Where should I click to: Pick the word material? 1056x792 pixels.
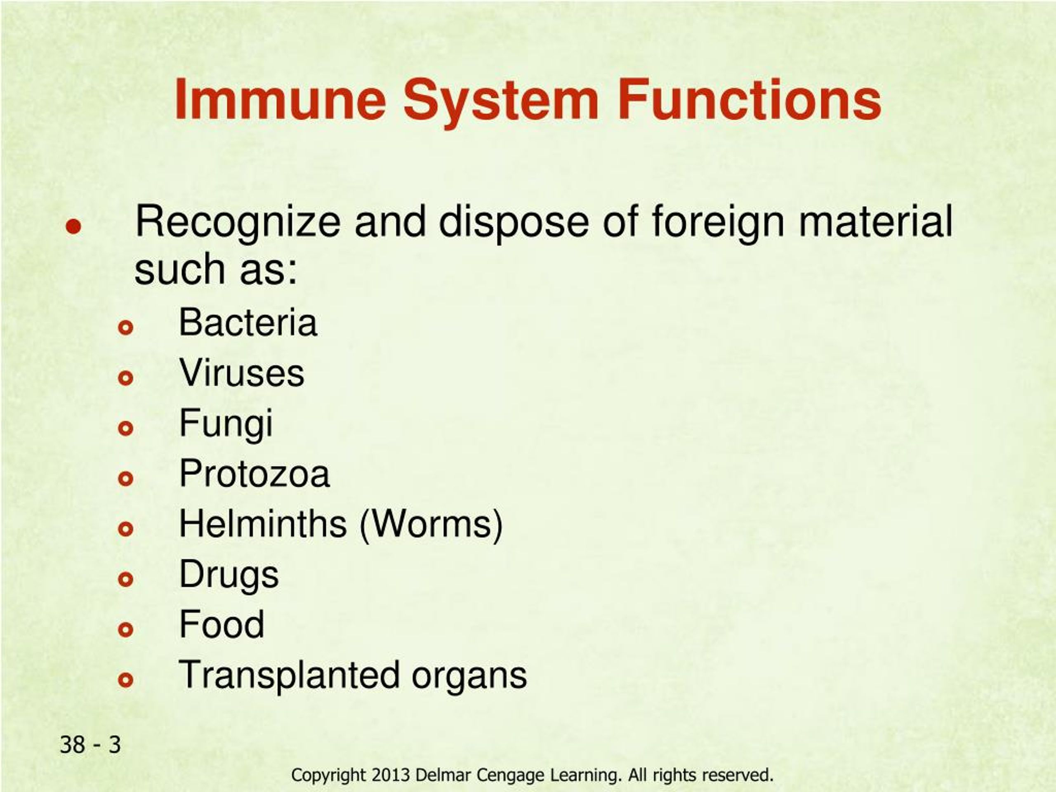coord(876,221)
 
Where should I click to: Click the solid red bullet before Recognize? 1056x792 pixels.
coord(73,227)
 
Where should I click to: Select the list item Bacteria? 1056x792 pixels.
coord(248,323)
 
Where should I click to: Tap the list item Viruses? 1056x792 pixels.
coord(242,373)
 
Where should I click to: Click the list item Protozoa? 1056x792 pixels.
coord(255,474)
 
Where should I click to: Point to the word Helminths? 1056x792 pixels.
coord(263,524)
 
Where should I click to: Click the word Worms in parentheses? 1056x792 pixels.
coord(431,524)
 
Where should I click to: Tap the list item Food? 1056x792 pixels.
coord(222,625)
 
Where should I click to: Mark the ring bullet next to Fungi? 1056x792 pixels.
coord(125,428)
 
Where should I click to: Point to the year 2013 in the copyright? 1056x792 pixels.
coord(391,775)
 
